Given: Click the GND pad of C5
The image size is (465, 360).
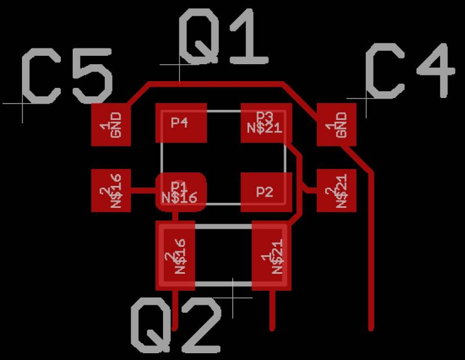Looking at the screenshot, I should (111, 125).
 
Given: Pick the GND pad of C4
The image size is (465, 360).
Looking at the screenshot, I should (336, 125).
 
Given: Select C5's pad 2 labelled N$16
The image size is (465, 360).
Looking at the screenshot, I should (111, 190).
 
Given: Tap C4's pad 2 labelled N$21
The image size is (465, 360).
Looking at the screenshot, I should (336, 190).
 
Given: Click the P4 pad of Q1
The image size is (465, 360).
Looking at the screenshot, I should (181, 123).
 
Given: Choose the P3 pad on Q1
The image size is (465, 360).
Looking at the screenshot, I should (266, 123).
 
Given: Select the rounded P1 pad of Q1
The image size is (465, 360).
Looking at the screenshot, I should (181, 192).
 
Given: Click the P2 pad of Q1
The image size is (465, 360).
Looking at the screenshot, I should (266, 192).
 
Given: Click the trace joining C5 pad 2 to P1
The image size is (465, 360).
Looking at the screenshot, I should (143, 190).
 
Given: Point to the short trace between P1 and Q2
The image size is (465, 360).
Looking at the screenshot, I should (175, 216).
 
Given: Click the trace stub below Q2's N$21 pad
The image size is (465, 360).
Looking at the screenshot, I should (273, 310).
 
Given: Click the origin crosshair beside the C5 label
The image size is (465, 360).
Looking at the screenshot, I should (23, 104).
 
